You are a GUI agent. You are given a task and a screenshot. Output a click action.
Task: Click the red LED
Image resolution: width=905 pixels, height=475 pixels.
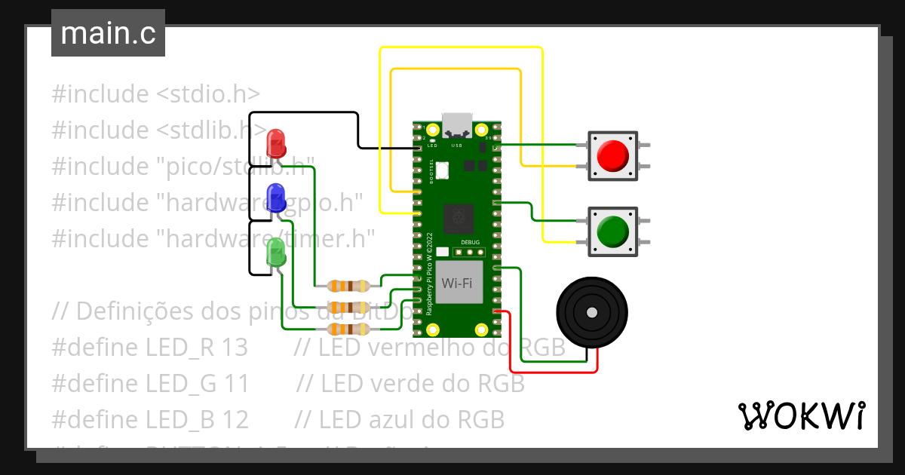[276, 143]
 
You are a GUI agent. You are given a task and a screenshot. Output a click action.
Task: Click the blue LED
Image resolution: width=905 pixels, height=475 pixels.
[276, 197]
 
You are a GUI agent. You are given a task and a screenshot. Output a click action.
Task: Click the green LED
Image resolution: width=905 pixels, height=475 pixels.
[276, 252]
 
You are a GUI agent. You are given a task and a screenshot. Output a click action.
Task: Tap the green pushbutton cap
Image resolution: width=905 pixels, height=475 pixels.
[612, 231]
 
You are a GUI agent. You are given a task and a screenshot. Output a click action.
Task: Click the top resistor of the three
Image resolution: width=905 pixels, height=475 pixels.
[348, 286]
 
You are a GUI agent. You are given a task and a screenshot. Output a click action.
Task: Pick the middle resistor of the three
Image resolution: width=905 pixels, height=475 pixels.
[348, 308]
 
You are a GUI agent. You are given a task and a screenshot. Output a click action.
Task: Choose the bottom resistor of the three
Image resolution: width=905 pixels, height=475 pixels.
[348, 329]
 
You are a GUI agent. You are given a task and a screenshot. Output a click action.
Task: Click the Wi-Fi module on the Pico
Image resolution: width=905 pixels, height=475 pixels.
[458, 283]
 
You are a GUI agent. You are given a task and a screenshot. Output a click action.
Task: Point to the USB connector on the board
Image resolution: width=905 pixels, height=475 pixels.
[457, 124]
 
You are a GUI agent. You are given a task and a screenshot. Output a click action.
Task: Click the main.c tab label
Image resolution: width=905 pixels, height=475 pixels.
[108, 34]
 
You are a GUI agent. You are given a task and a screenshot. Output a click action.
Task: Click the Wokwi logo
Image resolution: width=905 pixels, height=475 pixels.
[801, 416]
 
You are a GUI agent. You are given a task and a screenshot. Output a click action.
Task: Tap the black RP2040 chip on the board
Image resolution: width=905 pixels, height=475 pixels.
[458, 219]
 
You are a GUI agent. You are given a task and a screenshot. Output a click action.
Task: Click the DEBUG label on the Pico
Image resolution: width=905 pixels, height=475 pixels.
[470, 243]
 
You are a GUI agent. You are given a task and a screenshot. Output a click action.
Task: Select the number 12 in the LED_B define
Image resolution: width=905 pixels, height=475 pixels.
[233, 419]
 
